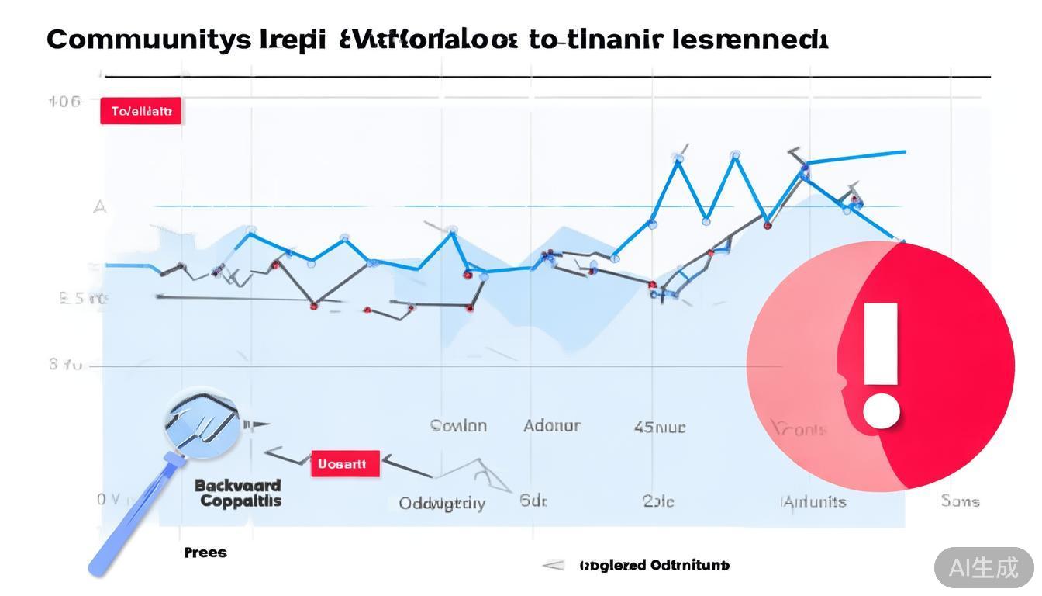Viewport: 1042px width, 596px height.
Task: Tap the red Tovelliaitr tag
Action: (140, 111)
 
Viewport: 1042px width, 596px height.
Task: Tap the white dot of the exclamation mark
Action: (881, 411)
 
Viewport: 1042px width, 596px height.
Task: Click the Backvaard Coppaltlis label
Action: (239, 493)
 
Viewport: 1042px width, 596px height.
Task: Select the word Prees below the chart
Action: (205, 553)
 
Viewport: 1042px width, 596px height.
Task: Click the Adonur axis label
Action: (551, 425)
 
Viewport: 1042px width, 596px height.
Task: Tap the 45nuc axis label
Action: (660, 427)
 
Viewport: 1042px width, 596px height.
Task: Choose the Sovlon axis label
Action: (458, 425)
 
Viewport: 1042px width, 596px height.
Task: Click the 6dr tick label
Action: (533, 501)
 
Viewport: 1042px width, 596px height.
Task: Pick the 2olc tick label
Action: (658, 501)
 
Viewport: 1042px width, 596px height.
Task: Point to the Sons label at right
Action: (960, 501)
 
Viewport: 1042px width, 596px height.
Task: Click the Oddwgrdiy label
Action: (442, 503)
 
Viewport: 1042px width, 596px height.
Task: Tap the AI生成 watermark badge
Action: (984, 567)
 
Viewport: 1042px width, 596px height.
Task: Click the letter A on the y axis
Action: (99, 206)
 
